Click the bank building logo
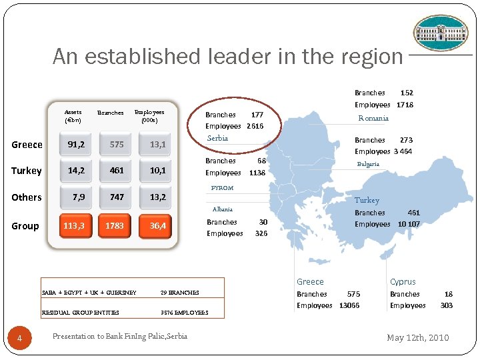441,33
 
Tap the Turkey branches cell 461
117,171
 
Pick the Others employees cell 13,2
158,197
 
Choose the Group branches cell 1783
115,226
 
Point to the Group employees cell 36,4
158,226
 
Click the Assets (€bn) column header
73,116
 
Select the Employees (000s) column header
149,116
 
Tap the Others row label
27,197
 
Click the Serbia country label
217,138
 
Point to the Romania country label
373,118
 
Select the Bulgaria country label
367,164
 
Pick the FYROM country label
222,188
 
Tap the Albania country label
222,209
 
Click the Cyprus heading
403,282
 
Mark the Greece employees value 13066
349,305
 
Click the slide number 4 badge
20,339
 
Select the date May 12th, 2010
418,337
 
